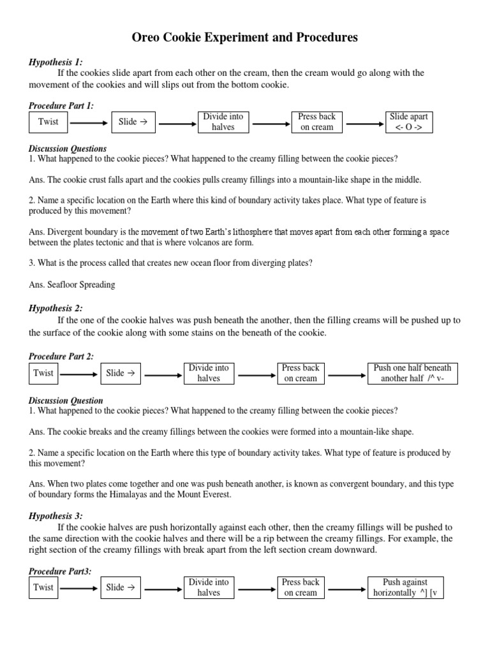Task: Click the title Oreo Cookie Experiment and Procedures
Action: (244, 38)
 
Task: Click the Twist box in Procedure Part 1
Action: (48, 122)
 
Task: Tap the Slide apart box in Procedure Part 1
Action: (409, 122)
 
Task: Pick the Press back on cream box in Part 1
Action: (316, 122)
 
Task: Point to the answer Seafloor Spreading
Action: (72, 284)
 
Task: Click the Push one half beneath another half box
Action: (412, 373)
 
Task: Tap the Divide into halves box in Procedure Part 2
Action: (209, 373)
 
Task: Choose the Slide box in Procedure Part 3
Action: (120, 587)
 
